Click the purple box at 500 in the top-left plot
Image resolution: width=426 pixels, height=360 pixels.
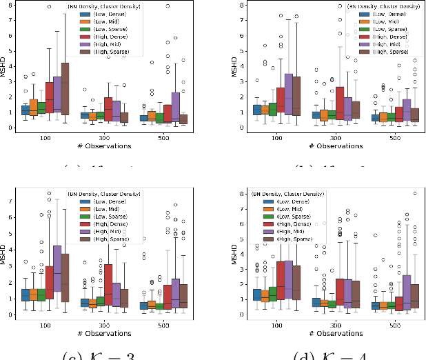point(176,106)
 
